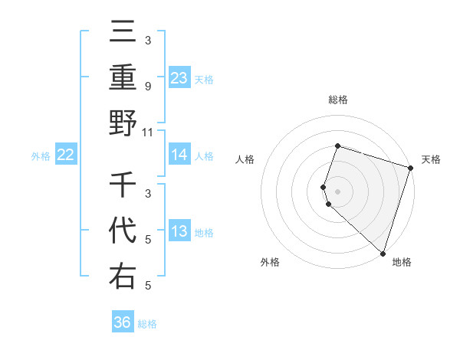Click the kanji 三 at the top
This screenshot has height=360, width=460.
pyautogui.click(x=123, y=32)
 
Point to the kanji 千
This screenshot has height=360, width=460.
pyautogui.click(x=123, y=185)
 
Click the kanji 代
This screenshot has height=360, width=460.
pyautogui.click(x=123, y=231)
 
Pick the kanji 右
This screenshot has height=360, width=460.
pyautogui.click(x=123, y=276)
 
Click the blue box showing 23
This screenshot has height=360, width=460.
pyautogui.click(x=179, y=77)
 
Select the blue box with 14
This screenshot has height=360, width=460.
pyautogui.click(x=179, y=155)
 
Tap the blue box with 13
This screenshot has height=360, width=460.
pyautogui.click(x=179, y=231)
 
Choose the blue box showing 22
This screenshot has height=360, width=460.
pyautogui.click(x=66, y=155)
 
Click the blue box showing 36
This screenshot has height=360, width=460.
pyautogui.click(x=123, y=322)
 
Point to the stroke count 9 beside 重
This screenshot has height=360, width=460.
pyautogui.click(x=148, y=87)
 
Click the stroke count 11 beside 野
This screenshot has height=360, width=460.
pyautogui.click(x=148, y=132)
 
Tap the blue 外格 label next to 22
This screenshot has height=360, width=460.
pyautogui.click(x=41, y=155)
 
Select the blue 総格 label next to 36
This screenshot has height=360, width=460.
pyautogui.click(x=147, y=323)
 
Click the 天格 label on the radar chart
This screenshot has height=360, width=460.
pyautogui.click(x=431, y=159)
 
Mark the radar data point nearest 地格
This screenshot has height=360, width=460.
pyautogui.click(x=383, y=253)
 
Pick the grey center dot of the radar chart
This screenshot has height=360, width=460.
pyautogui.click(x=337, y=191)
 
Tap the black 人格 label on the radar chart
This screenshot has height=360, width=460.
pyautogui.click(x=245, y=159)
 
